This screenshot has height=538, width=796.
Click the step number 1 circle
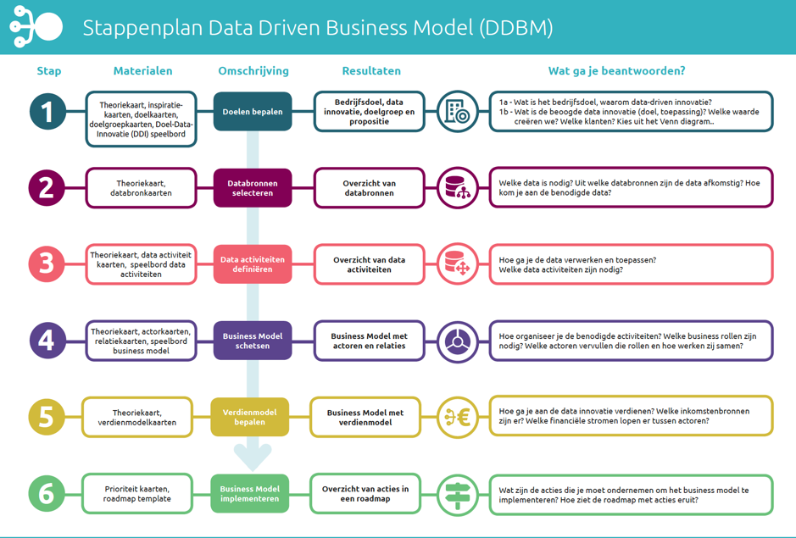coord(47,112)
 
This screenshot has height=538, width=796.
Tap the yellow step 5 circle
coord(46,417)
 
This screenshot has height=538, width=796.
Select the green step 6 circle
coord(46,493)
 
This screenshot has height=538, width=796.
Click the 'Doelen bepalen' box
coord(253,112)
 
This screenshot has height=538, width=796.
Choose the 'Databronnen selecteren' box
coord(253,188)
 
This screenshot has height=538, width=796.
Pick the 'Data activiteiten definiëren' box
coord(253,264)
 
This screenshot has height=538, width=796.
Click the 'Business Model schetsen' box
coord(253,341)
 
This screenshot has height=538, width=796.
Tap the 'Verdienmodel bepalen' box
coord(250,417)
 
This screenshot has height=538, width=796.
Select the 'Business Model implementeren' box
coord(250,493)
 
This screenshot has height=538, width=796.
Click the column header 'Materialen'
coord(142,71)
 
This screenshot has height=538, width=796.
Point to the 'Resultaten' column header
coord(371,71)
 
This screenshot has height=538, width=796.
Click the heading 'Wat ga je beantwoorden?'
coord(616,71)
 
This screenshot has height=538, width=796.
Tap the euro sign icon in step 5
coord(458,417)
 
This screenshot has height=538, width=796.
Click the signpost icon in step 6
coord(458,493)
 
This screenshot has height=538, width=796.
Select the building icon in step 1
coord(458,112)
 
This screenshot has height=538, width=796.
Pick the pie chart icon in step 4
coord(458,341)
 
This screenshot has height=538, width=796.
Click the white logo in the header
coord(36,27)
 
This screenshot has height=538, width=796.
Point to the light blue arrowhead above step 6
coord(253,457)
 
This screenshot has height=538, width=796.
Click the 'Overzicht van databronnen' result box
coord(369,188)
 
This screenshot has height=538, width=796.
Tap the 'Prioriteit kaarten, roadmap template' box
coord(137,493)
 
